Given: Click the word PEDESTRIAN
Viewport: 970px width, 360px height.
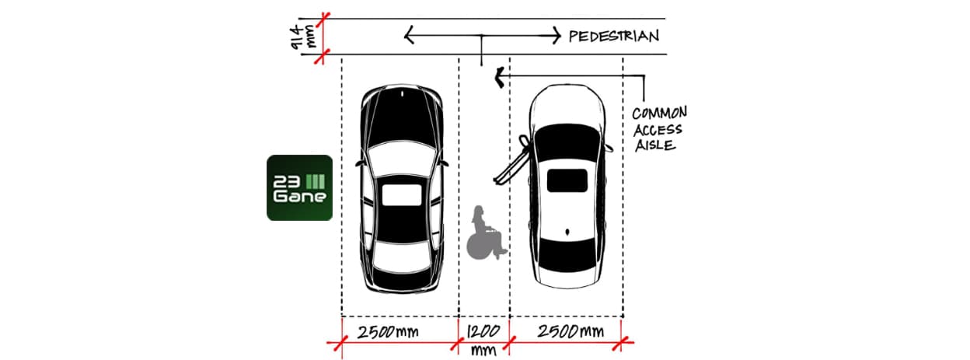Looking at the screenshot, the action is [613, 36].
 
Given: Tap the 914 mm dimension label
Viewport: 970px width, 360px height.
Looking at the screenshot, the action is [304, 37].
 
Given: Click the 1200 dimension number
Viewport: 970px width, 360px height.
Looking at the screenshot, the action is [483, 332].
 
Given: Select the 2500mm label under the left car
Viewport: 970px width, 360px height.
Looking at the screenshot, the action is [388, 332].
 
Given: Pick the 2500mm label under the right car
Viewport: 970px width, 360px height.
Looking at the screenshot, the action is [570, 332].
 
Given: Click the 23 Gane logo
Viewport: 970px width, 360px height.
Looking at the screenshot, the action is [300, 187].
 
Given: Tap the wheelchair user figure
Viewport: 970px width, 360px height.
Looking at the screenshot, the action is [487, 233].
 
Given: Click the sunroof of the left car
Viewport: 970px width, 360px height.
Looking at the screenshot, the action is [401, 195].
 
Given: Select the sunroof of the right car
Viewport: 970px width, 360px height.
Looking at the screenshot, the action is [567, 180].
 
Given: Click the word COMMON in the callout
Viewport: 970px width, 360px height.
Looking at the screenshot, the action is [659, 113].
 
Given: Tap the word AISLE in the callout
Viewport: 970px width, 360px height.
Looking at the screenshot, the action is [655, 145].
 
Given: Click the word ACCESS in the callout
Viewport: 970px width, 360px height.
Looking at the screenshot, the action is [658, 130].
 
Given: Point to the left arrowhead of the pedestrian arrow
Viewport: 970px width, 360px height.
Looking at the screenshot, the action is [409, 35].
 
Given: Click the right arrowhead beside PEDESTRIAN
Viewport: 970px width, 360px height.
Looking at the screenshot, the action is [556, 35].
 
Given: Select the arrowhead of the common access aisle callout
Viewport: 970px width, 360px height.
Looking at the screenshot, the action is [500, 77].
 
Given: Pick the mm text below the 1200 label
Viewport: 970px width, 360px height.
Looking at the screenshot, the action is [483, 349].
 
